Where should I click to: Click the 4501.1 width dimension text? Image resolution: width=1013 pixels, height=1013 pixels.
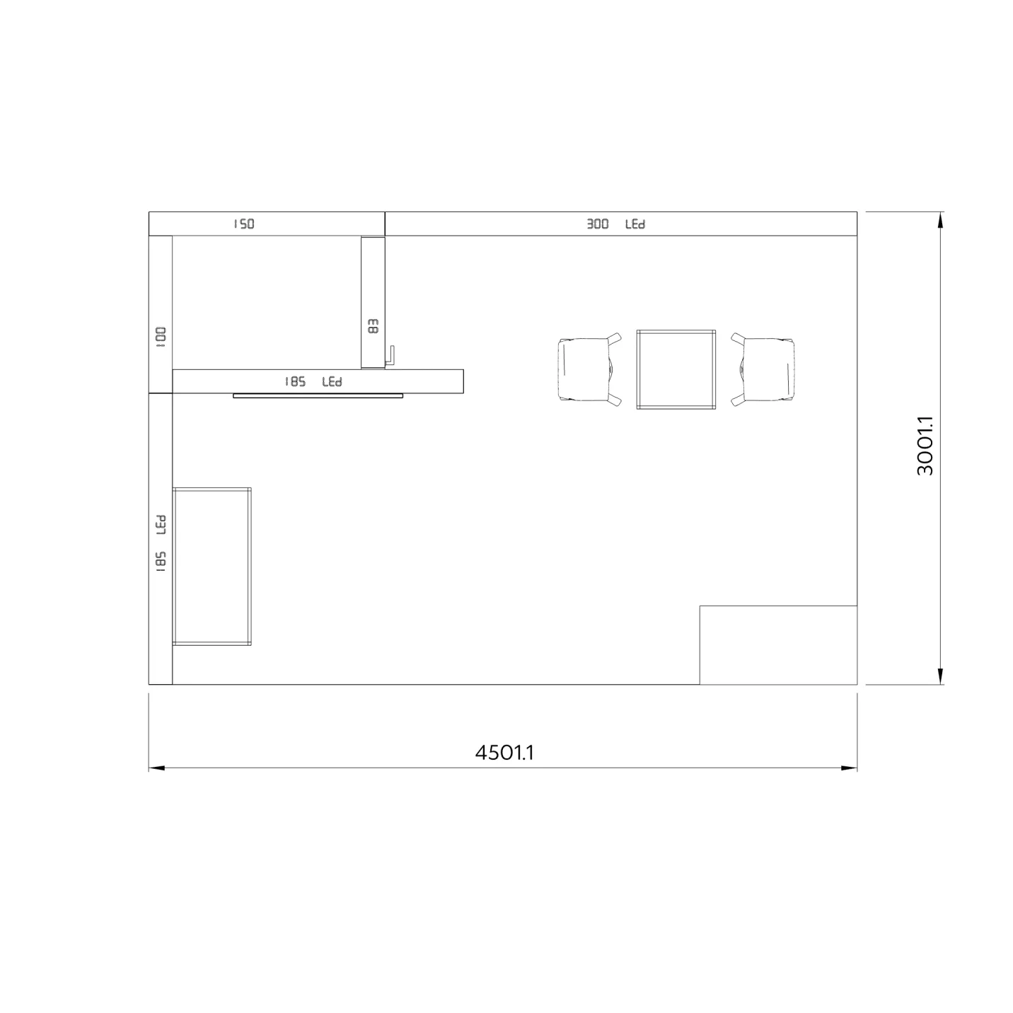(504, 753)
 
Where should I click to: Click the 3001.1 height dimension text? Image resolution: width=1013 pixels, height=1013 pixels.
(925, 446)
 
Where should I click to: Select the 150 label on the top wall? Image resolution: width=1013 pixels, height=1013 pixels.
(244, 224)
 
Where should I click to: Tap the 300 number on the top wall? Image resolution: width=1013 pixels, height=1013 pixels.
(598, 224)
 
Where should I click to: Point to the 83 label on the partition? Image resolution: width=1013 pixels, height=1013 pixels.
(374, 326)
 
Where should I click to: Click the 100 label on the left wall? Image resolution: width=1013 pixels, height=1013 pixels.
(161, 337)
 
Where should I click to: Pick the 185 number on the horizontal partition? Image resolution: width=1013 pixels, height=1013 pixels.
(295, 382)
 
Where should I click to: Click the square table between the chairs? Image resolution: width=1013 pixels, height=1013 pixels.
(676, 369)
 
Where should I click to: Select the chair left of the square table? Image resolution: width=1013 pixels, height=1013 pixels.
(589, 369)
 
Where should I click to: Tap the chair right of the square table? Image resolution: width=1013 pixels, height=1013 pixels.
(763, 369)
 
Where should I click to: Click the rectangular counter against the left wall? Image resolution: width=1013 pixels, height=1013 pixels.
(212, 566)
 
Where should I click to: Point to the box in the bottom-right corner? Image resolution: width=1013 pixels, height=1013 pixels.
(778, 645)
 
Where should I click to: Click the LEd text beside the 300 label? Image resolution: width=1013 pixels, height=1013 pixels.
(635, 224)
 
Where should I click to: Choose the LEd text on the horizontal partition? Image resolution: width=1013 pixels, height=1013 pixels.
(332, 382)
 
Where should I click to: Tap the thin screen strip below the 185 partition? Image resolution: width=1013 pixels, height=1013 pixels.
(318, 396)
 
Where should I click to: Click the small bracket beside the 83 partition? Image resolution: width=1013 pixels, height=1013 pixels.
(390, 357)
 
